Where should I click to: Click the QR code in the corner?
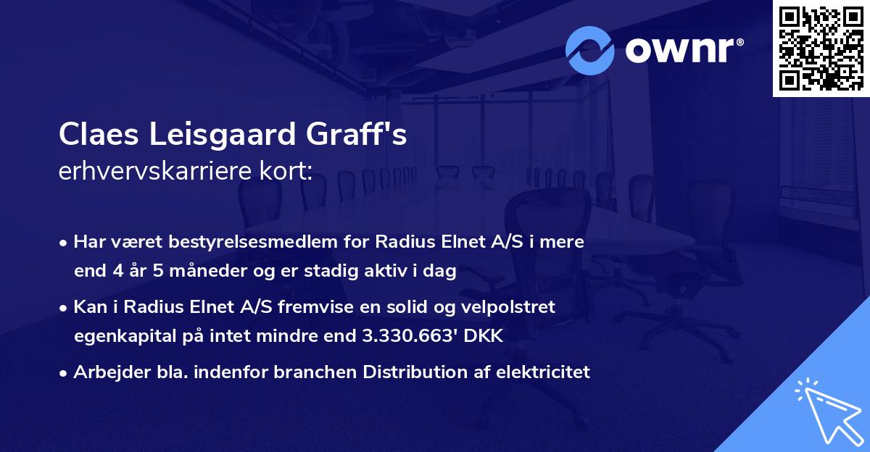pos(821,49)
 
